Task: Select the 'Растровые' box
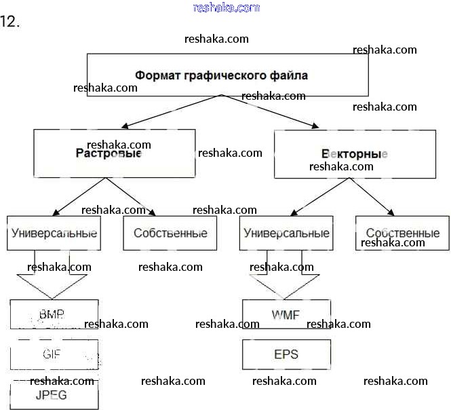[114, 153]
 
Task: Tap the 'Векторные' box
[354, 153]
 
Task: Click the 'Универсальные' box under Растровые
[54, 233]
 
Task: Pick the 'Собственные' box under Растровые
[170, 233]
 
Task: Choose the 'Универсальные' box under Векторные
[286, 233]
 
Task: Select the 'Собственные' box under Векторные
[402, 233]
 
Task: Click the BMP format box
[54, 314]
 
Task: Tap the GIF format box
[54, 354]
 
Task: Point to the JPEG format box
[54, 395]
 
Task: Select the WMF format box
[286, 314]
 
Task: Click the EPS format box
[286, 354]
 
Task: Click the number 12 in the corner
[9, 22]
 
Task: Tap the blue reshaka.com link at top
[227, 7]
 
